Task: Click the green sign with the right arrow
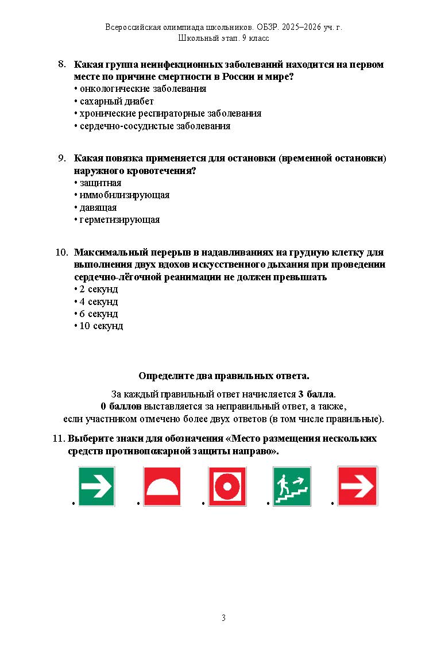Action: tap(96, 486)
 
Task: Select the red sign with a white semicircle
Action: tap(162, 486)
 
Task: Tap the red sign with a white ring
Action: tap(227, 486)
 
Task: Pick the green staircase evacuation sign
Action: tap(292, 486)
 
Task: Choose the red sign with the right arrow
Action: tap(357, 486)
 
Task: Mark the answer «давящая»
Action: tap(98, 207)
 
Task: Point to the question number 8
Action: tap(63, 64)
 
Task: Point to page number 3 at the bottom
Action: tap(223, 618)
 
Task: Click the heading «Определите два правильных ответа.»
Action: tap(223, 376)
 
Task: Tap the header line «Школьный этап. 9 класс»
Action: tap(223, 38)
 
